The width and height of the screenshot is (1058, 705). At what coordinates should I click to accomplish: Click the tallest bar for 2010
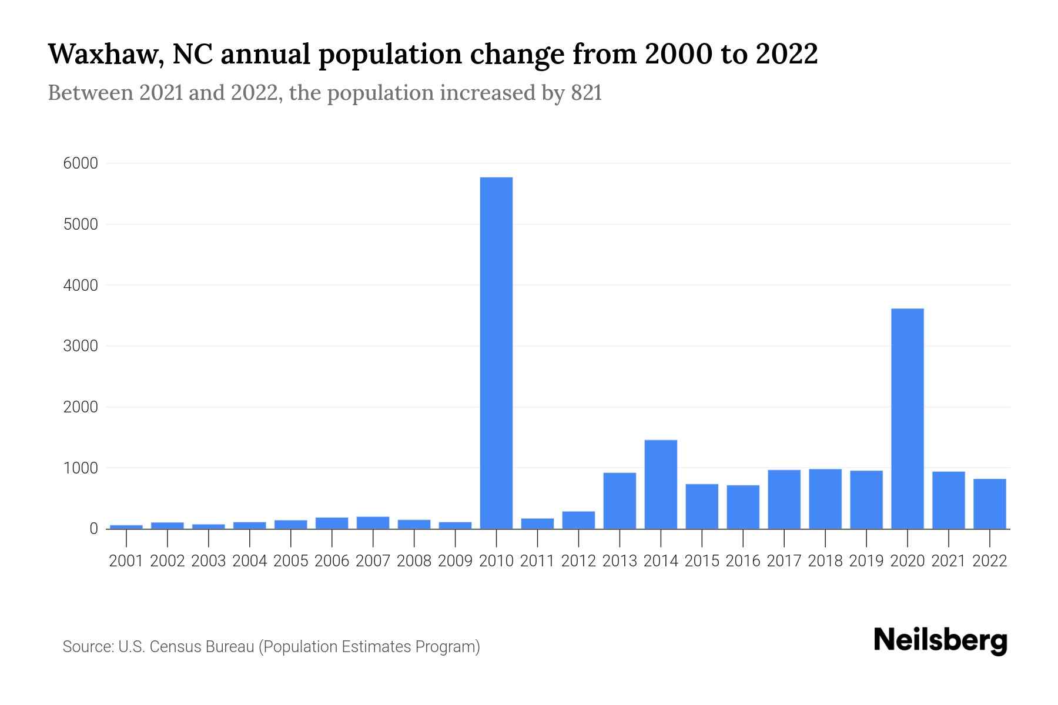click(x=496, y=352)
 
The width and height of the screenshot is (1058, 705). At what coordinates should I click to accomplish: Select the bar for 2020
click(x=907, y=418)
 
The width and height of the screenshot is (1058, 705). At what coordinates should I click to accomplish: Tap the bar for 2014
click(x=661, y=484)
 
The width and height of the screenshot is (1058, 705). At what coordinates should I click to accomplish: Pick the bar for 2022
click(x=989, y=504)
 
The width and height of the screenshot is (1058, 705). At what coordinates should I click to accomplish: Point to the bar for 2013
click(x=620, y=501)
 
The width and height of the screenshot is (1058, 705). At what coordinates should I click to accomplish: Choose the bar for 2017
click(x=784, y=499)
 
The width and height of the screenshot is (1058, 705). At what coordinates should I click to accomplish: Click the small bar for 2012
click(x=578, y=520)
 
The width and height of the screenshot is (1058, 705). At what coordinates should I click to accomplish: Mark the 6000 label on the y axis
click(x=81, y=163)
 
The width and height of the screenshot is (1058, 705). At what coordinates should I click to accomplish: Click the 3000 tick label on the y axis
click(x=81, y=346)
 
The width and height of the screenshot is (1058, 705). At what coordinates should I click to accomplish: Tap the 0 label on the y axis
click(x=93, y=529)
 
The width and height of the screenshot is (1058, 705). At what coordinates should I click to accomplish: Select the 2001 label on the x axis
click(x=126, y=561)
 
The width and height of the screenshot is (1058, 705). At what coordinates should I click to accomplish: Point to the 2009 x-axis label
click(x=455, y=561)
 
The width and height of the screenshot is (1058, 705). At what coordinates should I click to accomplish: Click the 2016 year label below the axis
click(x=743, y=561)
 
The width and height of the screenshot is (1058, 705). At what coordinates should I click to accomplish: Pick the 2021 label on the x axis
click(x=948, y=561)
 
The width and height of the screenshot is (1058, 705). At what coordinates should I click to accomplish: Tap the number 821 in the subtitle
click(x=586, y=93)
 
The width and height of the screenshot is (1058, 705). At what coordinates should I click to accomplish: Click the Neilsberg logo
click(x=940, y=640)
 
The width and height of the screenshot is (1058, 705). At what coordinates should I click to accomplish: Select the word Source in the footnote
click(x=88, y=647)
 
